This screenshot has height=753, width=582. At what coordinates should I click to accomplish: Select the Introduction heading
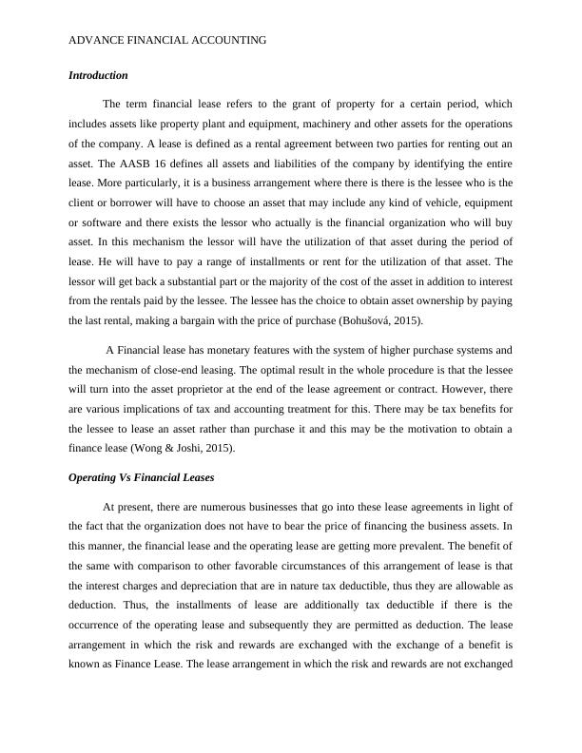pyautogui.click(x=98, y=74)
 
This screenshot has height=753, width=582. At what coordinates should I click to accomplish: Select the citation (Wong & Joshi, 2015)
pyautogui.click(x=189, y=447)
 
